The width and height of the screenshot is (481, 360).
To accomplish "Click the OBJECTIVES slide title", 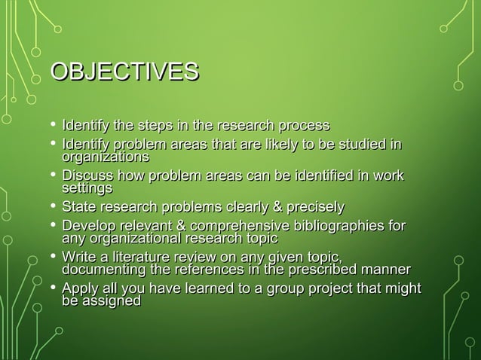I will point(124,72).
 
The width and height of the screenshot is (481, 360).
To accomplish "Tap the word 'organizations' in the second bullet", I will point(105,157).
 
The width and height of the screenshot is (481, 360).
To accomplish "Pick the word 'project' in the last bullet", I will point(326,289).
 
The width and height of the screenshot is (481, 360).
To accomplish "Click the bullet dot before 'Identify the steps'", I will point(51,124).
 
